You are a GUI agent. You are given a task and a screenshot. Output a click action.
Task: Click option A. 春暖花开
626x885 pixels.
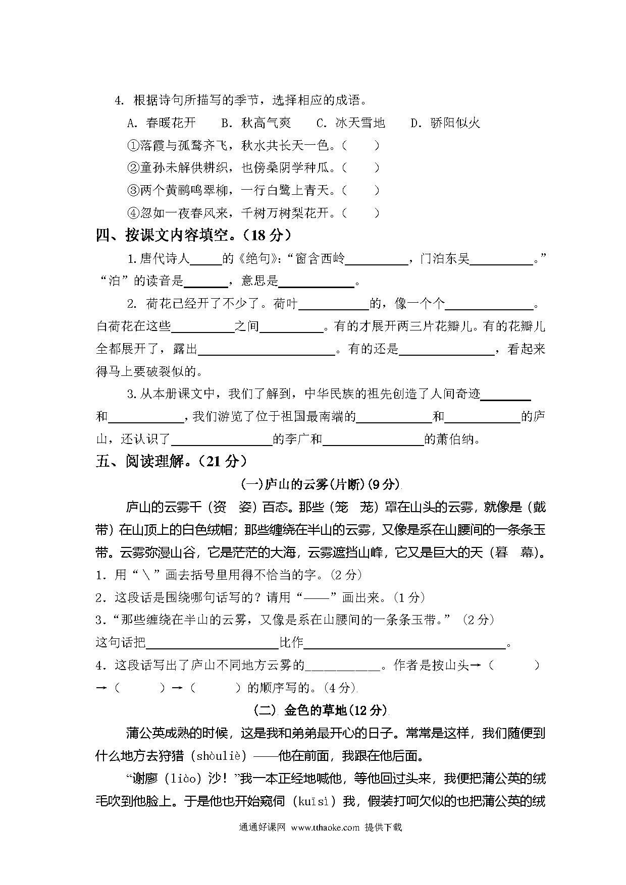click(162, 123)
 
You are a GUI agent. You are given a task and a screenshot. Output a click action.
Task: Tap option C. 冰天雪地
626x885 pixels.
click(350, 123)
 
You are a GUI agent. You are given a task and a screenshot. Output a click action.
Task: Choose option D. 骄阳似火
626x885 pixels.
click(445, 123)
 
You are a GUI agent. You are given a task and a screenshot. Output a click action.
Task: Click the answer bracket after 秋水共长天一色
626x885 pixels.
click(360, 146)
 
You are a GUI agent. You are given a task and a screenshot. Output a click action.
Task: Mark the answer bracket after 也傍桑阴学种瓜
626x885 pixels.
click(360, 168)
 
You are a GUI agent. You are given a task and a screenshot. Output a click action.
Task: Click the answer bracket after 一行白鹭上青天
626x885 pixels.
click(360, 190)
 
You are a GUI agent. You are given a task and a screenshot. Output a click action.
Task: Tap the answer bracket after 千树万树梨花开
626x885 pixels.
click(360, 213)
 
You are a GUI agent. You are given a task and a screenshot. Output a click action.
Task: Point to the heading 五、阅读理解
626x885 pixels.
click(171, 461)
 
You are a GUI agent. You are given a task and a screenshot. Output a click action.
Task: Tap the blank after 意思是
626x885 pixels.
click(317, 283)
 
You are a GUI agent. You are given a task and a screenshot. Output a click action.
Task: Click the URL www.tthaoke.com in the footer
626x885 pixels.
click(325, 827)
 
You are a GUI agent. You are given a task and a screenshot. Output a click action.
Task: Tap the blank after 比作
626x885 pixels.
click(404, 643)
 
